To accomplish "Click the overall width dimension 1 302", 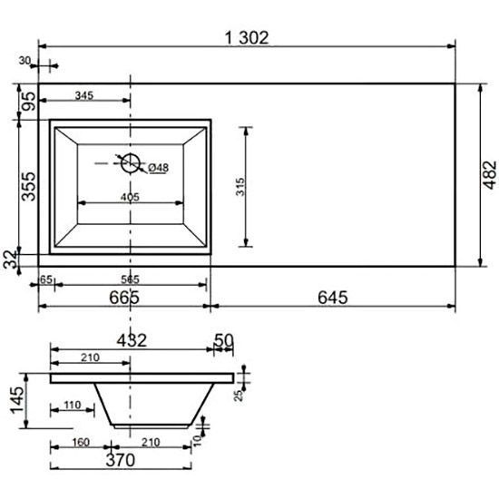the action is [x=247, y=38].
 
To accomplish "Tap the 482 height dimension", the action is [x=489, y=175].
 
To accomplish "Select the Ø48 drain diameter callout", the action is [x=158, y=168].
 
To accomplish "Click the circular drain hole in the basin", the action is [x=130, y=163].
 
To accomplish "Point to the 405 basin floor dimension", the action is [x=130, y=197].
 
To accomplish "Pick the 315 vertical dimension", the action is [x=240, y=187].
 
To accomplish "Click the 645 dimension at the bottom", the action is [x=333, y=298].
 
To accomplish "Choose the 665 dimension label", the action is [x=124, y=298].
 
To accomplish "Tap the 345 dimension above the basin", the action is [x=84, y=95].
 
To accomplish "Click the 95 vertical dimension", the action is [x=29, y=101].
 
